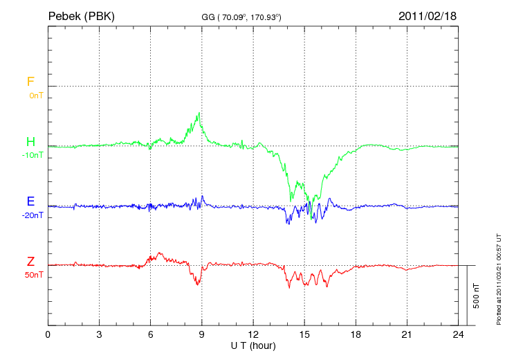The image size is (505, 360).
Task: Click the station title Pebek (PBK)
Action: click(81, 15)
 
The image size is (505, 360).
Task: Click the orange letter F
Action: click(30, 82)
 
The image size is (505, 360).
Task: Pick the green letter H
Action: click(30, 142)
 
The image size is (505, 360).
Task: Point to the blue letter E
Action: click(30, 201)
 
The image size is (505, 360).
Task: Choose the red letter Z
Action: click(30, 262)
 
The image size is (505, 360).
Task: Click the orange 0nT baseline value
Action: click(35, 96)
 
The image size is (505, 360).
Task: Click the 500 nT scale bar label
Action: click(476, 296)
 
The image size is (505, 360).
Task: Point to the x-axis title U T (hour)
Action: click(253, 345)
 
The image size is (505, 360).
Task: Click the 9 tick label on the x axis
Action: click(202, 334)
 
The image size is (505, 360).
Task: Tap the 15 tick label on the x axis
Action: click(304, 334)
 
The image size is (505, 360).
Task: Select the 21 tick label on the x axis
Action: click(407, 334)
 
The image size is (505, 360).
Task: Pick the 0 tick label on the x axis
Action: click(48, 334)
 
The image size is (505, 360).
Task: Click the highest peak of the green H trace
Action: click(200, 113)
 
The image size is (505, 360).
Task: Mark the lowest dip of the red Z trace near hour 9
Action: click(198, 285)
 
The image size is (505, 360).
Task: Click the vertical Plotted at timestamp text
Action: click(498, 277)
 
